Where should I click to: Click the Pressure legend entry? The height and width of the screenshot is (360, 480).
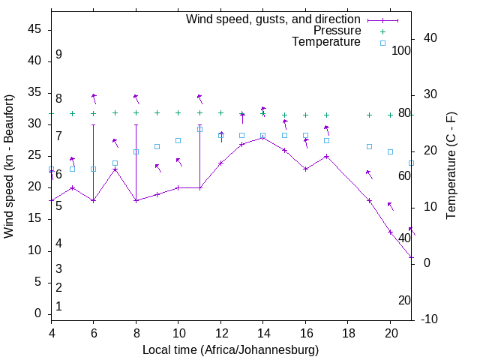click(x=337, y=31)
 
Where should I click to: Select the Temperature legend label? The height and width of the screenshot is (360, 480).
click(x=326, y=42)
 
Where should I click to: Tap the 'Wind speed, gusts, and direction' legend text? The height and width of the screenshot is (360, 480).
click(x=274, y=19)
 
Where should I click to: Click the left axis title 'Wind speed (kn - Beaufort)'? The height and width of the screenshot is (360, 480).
click(x=9, y=166)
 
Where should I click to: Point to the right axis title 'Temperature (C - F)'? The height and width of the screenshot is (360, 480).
click(x=451, y=166)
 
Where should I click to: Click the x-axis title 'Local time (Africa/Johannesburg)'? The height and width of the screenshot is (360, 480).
click(x=230, y=349)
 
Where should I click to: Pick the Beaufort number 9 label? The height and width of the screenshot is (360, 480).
click(x=58, y=55)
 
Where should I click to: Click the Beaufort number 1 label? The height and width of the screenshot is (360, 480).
click(x=58, y=307)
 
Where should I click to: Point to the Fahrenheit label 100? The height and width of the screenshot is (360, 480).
click(x=401, y=51)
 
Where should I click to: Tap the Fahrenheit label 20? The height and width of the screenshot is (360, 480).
click(x=404, y=301)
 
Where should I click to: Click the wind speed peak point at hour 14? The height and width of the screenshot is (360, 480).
click(x=262, y=136)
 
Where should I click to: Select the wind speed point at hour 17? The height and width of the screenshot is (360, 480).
click(x=326, y=156)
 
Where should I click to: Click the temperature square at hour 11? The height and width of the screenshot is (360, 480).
click(x=199, y=129)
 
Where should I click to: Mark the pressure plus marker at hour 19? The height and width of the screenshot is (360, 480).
click(x=369, y=115)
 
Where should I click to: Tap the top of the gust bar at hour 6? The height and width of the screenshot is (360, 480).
click(x=93, y=124)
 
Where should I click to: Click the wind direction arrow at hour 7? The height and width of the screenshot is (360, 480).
click(x=115, y=142)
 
